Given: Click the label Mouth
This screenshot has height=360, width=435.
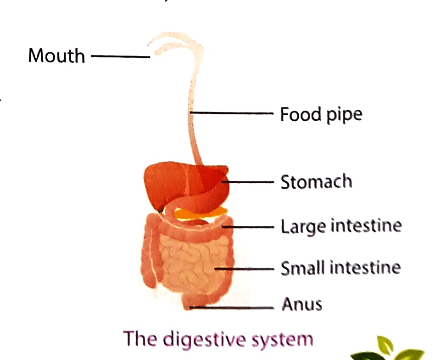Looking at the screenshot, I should [x=56, y=56].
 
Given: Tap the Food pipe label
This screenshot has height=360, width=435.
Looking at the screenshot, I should [x=321, y=114].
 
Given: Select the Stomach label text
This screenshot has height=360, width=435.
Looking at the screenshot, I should [x=316, y=182].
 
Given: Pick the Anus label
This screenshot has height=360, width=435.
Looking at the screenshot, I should [x=301, y=304].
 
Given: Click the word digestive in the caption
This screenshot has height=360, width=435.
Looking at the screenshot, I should [x=212, y=339].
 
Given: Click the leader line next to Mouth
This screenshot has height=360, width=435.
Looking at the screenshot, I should [x=121, y=56].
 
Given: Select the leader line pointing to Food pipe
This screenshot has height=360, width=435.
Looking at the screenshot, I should [x=232, y=113].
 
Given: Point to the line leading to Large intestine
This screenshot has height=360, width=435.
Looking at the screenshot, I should [x=251, y=226].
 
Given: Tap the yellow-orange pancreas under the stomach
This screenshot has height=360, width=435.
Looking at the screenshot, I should [x=202, y=213].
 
